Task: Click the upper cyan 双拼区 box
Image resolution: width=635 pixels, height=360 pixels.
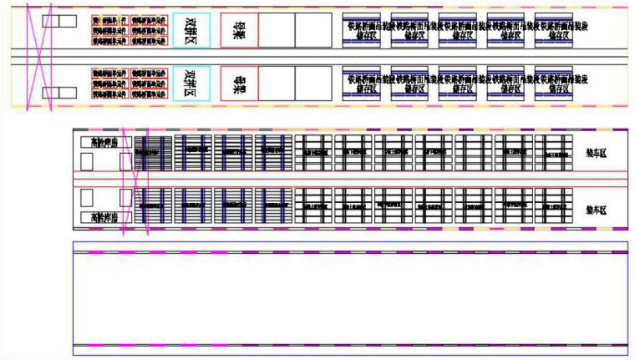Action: pos(191,29)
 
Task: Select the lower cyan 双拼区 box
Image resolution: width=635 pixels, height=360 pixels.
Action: pos(191,84)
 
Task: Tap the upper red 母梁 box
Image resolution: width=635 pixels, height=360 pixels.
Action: pos(239,29)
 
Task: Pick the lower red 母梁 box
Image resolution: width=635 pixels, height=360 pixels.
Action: pos(239,84)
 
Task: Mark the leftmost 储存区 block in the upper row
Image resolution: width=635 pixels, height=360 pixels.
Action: pos(362,30)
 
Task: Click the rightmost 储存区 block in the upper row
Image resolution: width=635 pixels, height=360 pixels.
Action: pos(552,30)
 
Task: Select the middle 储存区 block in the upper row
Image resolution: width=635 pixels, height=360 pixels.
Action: pos(457,30)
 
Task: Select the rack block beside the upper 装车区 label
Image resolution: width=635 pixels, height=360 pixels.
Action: pos(553,153)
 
